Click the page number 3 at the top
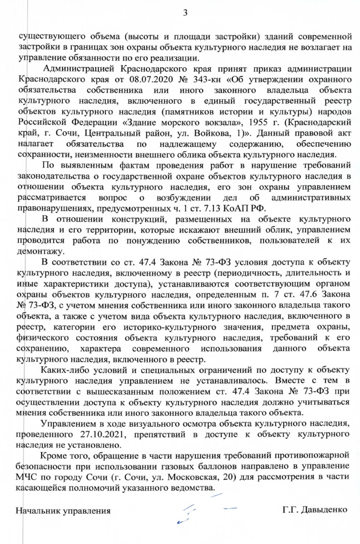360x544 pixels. pos(185,13)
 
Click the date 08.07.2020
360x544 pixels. pos(151,80)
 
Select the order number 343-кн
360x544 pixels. pos(205,80)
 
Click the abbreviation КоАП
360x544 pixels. pos(231,209)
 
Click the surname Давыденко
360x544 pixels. pos(324,510)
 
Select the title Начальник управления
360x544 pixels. pos(63,511)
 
